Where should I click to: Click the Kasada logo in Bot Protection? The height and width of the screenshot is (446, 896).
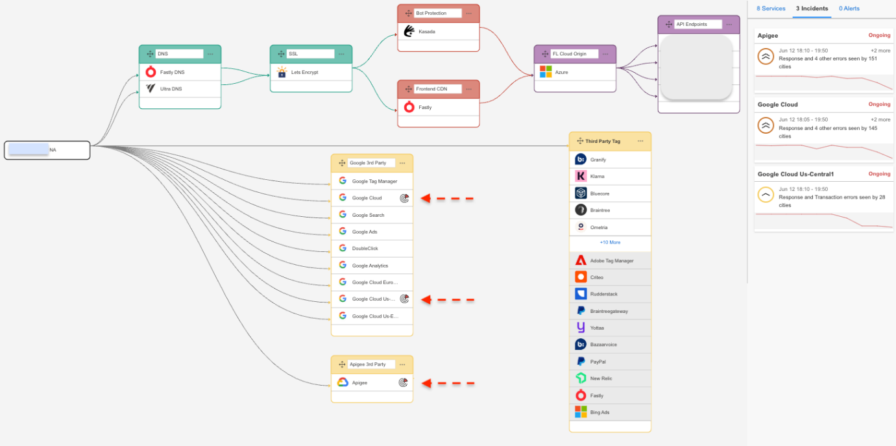pos(409,31)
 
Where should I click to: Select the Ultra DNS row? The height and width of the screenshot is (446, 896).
pos(180,89)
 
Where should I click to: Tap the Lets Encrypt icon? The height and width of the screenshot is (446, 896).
pos(282,72)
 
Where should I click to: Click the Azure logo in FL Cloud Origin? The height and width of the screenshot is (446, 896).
pos(546,72)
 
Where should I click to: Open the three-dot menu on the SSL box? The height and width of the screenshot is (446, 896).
pos(341,54)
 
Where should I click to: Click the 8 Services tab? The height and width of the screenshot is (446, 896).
pos(771,8)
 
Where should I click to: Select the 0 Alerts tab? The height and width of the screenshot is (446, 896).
pos(849,8)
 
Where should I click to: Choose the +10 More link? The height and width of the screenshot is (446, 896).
pos(610,243)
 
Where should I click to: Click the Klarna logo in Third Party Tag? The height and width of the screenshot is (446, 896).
pos(581,176)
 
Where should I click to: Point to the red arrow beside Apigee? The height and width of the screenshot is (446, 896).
pos(448,383)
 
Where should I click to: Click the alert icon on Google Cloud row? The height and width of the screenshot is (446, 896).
pos(404,198)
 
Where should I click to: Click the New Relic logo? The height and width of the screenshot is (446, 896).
pos(581,378)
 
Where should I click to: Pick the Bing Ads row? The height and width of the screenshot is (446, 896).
pos(610,412)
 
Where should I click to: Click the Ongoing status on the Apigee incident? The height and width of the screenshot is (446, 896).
pos(879,35)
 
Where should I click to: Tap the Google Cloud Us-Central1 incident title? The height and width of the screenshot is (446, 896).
pos(795,174)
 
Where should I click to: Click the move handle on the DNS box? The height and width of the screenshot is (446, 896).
pos(150,54)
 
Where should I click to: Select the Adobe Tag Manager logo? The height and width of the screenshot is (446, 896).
pos(581,260)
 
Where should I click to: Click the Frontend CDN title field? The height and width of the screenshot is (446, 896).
pos(437,89)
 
